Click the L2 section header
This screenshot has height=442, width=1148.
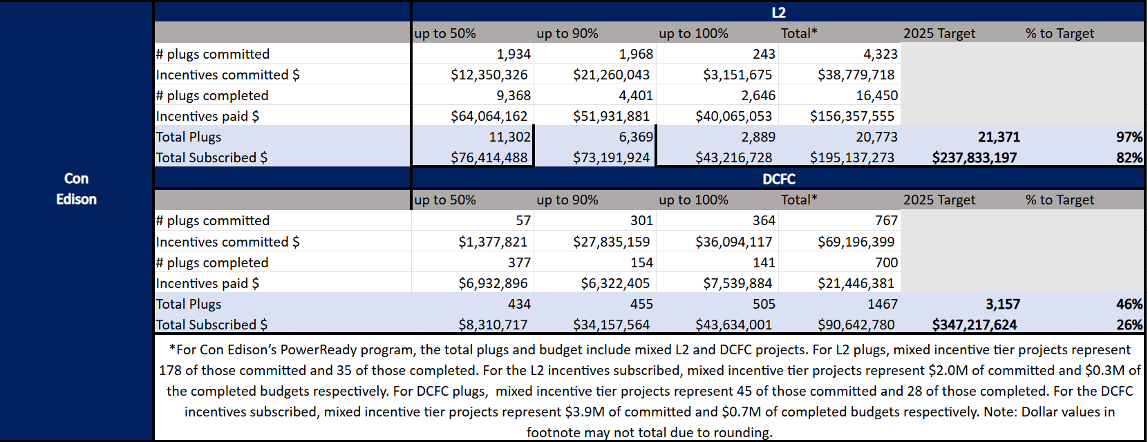[778, 12]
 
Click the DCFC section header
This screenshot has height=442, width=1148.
[778, 179]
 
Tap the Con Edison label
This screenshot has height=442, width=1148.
[76, 189]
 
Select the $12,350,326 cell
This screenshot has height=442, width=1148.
[489, 75]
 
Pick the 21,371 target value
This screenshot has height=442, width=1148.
[999, 137]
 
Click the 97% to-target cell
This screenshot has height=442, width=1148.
[1129, 137]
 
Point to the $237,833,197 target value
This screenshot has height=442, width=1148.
[974, 157]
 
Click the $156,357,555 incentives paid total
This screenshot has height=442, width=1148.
[851, 116]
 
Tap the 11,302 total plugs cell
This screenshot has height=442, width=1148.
[509, 137]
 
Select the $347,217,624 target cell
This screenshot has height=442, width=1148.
[974, 325]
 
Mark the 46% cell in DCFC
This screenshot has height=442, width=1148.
[1129, 304]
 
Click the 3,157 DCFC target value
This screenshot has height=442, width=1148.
[1002, 304]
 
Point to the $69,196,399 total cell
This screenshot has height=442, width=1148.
[856, 242]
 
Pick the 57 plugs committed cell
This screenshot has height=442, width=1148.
[523, 220]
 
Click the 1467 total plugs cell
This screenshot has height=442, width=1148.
[883, 304]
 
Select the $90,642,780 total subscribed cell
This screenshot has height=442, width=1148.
[856, 325]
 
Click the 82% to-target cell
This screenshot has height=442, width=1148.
[1129, 157]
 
